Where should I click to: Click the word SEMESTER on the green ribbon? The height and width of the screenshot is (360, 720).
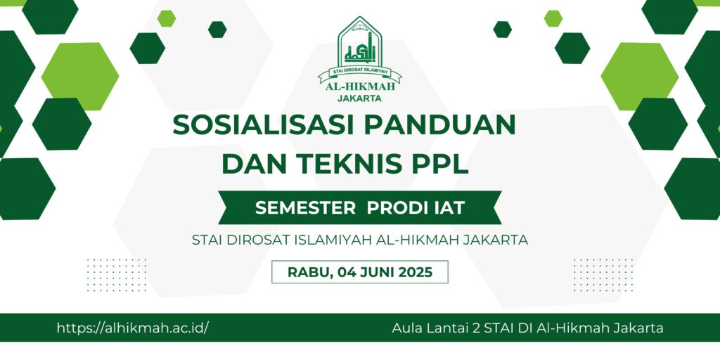coord(305,208)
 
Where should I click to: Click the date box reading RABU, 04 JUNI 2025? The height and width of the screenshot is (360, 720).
coord(360,272)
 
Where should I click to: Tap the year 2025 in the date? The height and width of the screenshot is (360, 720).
coord(415,272)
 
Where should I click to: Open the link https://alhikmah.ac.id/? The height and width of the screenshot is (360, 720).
coord(133,328)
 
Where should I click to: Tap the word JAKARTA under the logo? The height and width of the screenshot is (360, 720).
coord(359,98)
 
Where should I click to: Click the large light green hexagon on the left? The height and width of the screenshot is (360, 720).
coord(80,76)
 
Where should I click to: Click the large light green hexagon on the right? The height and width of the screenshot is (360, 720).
coord(639,76)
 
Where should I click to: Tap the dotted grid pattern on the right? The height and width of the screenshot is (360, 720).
coord(603,275)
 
